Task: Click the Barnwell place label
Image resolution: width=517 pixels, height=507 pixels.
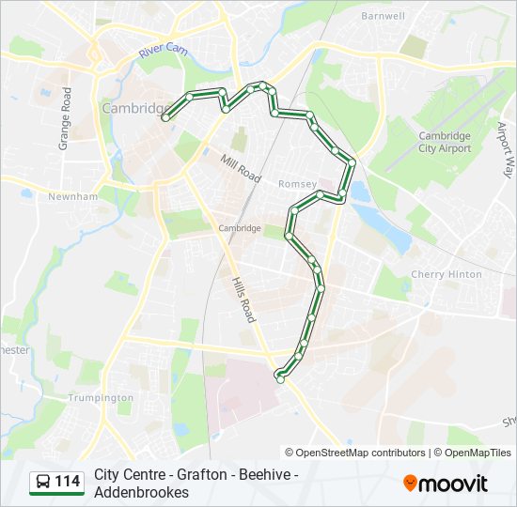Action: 383,16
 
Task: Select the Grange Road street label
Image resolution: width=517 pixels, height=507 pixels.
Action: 66,119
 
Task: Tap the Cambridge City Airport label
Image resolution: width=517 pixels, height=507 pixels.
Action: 445,143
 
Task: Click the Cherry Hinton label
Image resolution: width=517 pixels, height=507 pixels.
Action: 446,275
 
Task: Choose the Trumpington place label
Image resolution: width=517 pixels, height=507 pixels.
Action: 102,398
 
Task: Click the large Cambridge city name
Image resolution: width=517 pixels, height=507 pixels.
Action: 133,109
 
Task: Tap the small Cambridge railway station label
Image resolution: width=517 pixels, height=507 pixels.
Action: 239,228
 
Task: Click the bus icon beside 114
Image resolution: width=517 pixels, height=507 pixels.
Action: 43,483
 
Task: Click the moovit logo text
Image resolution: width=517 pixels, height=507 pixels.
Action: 454,484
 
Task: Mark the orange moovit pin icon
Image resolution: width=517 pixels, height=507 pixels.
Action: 411,484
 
